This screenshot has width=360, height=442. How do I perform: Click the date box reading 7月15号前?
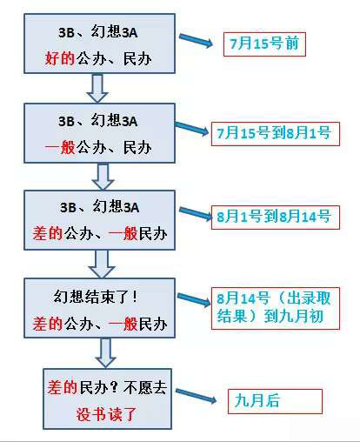point(264,44)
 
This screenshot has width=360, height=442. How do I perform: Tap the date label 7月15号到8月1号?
point(276,134)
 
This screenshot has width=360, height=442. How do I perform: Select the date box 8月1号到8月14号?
point(276,218)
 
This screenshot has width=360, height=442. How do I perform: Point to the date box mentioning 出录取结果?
point(276,308)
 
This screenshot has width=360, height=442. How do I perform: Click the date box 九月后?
point(275,401)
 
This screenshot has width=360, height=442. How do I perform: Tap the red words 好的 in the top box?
point(60,58)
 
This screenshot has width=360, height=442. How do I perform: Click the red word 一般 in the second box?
point(60,147)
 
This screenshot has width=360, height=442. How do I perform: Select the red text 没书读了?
point(106,414)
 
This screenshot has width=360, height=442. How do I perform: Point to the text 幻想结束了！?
point(96,297)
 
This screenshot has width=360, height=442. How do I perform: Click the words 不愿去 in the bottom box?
point(145,387)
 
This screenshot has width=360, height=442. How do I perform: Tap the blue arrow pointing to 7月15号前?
point(196,41)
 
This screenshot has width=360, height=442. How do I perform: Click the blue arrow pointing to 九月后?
point(196,396)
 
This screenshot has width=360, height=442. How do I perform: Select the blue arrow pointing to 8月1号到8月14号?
point(196,213)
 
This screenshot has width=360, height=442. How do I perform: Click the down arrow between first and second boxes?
point(97,89)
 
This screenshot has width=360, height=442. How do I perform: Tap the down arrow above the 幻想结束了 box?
point(102,265)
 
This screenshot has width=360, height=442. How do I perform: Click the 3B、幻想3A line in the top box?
point(98,32)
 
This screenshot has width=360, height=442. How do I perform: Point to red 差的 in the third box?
point(48,233)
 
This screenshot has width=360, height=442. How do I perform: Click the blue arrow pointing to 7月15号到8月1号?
point(191,128)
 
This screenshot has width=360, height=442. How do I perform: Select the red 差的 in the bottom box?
point(63,387)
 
